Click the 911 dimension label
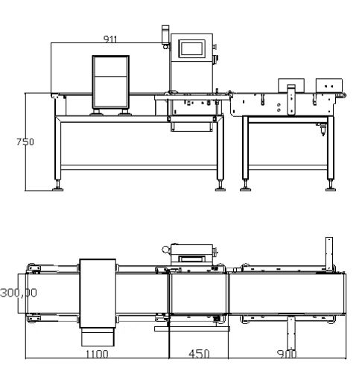(110, 39)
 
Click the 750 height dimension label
(25, 142)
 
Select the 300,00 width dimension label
(19, 293)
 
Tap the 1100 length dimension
(97, 354)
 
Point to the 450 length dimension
(199, 354)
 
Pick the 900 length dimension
(287, 354)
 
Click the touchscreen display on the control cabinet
(191, 48)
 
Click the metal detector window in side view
(110, 82)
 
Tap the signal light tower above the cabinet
(165, 37)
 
